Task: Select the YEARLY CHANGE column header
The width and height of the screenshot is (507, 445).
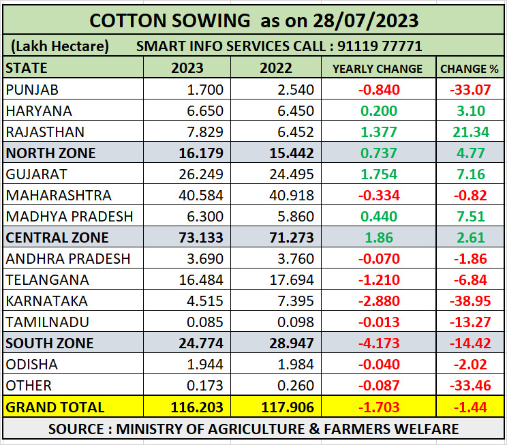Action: [377, 69]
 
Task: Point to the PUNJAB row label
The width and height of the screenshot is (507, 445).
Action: [31, 90]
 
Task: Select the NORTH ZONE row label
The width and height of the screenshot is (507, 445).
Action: [50, 153]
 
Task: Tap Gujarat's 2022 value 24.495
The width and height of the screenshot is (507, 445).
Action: [291, 174]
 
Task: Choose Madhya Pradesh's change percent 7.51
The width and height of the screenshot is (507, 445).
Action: [470, 217]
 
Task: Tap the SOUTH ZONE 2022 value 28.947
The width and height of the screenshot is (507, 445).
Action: [291, 343]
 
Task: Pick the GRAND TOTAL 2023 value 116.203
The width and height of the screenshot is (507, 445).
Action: [196, 408]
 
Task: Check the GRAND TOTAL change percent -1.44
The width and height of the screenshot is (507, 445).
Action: [470, 408]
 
